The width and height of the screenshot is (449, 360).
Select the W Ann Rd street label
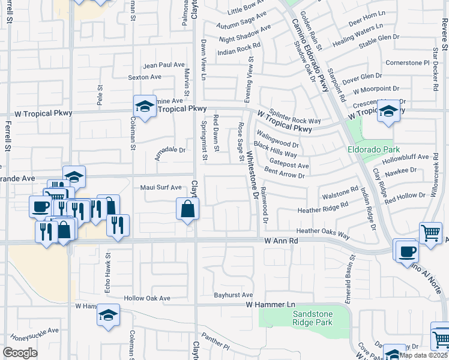(281, 240)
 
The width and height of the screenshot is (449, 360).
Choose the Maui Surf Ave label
(160, 187)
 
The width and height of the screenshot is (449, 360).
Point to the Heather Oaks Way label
(323, 232)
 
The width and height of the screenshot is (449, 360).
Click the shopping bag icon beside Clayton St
(188, 209)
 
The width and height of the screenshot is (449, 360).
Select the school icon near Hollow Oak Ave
(108, 316)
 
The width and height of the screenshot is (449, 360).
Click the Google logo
(20, 353)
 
